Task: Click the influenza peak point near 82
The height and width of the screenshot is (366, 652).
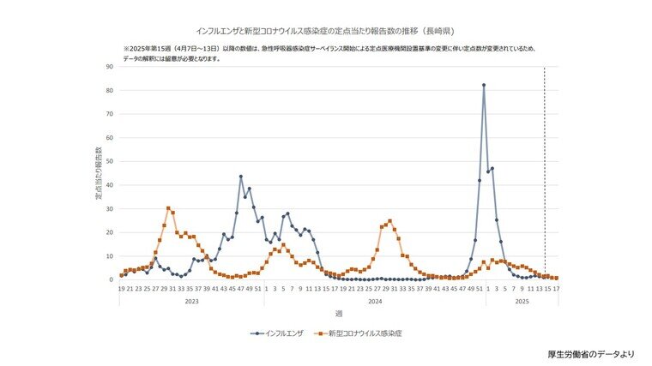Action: tap(484, 85)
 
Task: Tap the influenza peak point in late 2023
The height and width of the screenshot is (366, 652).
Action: tap(241, 177)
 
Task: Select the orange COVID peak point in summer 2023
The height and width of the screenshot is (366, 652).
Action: tap(168, 208)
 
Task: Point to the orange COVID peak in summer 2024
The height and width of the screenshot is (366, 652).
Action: tap(389, 221)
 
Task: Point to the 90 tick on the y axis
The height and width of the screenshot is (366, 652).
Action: tap(109, 67)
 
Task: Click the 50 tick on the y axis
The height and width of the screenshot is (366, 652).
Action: tap(109, 161)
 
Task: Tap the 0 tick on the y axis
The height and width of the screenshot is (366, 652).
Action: tap(111, 279)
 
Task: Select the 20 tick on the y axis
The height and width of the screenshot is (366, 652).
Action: tap(109, 232)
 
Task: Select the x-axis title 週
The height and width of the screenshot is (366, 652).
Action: tap(338, 315)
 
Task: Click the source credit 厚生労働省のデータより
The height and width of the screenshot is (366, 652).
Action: tap(590, 353)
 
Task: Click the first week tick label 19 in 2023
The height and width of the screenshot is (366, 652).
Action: tap(122, 289)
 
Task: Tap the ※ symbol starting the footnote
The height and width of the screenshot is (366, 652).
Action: tap(125, 49)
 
